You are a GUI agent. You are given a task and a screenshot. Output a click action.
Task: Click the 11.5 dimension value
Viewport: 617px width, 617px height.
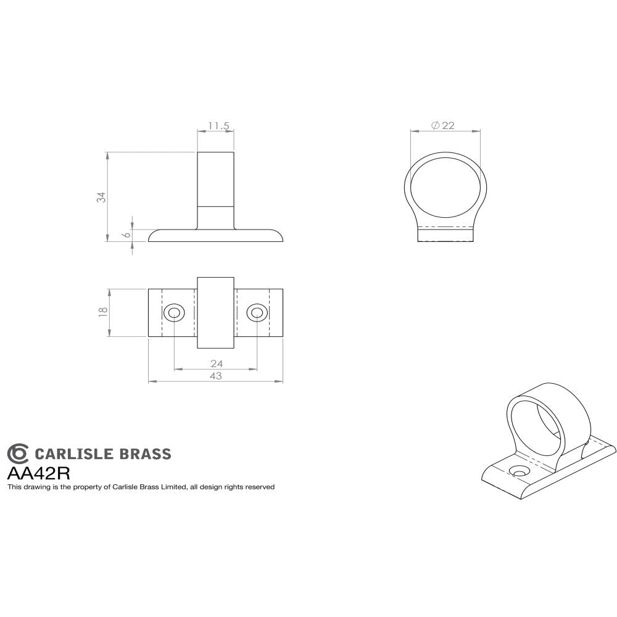point(218,126)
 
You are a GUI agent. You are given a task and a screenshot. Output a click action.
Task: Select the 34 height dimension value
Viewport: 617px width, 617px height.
point(102,197)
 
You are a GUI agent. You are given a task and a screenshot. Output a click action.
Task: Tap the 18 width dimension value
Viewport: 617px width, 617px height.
point(102,312)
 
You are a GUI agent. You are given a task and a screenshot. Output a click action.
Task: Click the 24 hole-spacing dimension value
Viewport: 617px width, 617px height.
point(216,363)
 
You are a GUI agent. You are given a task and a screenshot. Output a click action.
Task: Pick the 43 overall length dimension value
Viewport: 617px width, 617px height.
point(215,376)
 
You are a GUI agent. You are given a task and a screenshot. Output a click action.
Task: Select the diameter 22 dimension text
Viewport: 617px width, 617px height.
point(443,125)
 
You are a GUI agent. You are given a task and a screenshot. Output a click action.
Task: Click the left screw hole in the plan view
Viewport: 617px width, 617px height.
point(174,313)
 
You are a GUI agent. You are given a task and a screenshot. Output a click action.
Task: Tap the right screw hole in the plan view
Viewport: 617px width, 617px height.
point(257,313)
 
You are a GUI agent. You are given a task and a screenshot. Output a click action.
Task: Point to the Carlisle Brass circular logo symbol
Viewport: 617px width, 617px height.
point(18,453)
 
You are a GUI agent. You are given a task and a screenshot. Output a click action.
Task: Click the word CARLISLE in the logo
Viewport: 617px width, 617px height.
point(73,455)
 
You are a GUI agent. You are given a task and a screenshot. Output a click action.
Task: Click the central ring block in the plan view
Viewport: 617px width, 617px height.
point(215,313)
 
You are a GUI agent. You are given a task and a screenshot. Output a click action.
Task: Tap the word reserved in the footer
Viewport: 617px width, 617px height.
point(260,487)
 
